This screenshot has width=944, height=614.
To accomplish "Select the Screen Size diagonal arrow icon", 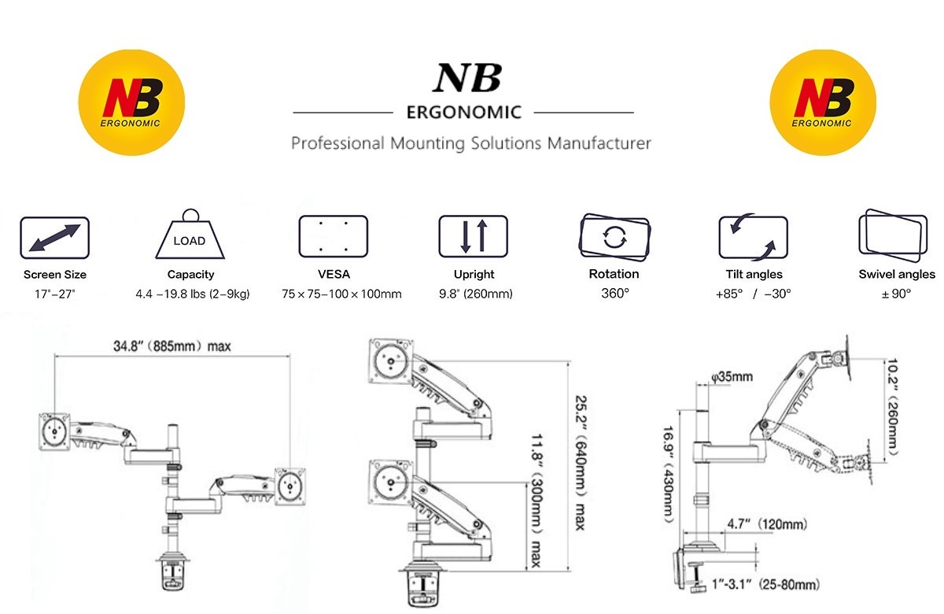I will click(55, 237).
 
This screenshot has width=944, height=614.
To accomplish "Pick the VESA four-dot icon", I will click(334, 236).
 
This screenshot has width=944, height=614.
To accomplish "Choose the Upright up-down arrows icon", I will click(474, 236).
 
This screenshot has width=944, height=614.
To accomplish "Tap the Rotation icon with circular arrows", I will click(614, 236).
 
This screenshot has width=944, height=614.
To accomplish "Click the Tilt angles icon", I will click(753, 237).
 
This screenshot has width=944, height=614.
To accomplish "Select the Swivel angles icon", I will click(891, 234).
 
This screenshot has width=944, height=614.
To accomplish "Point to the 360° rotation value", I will click(614, 294).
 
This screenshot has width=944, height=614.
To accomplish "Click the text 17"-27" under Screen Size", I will click(54, 294).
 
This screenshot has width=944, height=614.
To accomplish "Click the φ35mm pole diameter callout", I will click(732, 377).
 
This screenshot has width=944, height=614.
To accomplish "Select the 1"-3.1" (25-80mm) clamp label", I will click(768, 584).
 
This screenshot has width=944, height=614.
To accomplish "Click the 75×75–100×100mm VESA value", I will click(341, 294).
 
